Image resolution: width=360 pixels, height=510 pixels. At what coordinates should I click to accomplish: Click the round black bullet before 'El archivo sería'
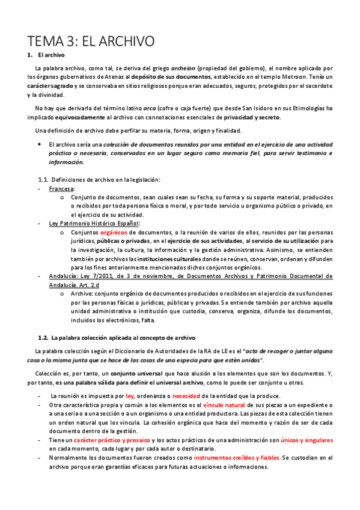[x=38, y=144]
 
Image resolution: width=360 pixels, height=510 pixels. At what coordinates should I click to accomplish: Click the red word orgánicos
[x=114, y=232]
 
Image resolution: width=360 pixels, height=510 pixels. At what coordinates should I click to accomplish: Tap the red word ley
[x=130, y=396]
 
